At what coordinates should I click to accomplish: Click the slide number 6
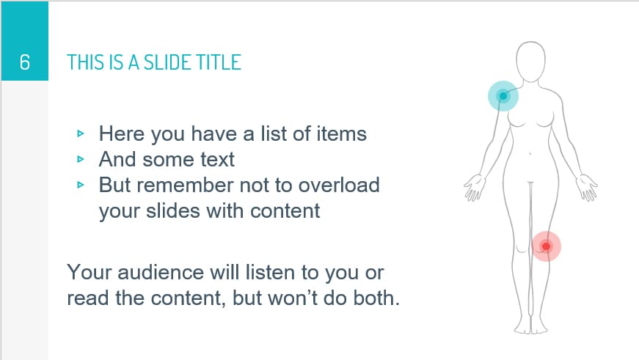click(x=24, y=62)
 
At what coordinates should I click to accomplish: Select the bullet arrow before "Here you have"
click(x=81, y=134)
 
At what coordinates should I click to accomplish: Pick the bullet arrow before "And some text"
click(x=81, y=159)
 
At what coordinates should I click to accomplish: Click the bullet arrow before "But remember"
click(x=81, y=185)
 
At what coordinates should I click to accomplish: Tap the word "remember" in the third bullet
click(x=191, y=184)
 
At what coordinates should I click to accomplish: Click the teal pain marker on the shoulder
click(x=503, y=96)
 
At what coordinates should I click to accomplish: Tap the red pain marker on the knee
click(x=546, y=246)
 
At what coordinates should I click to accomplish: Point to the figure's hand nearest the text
click(x=473, y=188)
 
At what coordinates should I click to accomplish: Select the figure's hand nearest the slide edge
click(x=587, y=188)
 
